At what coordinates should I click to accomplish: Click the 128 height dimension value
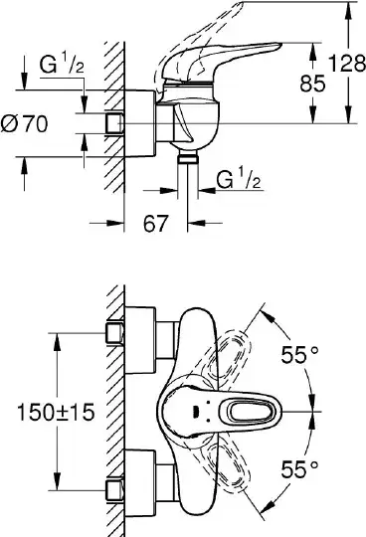(x=347, y=63)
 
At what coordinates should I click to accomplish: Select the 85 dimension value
(x=312, y=84)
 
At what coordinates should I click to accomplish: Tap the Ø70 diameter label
(x=24, y=123)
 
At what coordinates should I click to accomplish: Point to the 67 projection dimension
(x=156, y=224)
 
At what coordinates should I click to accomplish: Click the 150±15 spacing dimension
(x=56, y=412)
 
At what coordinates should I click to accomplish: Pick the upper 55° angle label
(x=300, y=354)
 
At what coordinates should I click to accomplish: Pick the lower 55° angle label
(x=300, y=469)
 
